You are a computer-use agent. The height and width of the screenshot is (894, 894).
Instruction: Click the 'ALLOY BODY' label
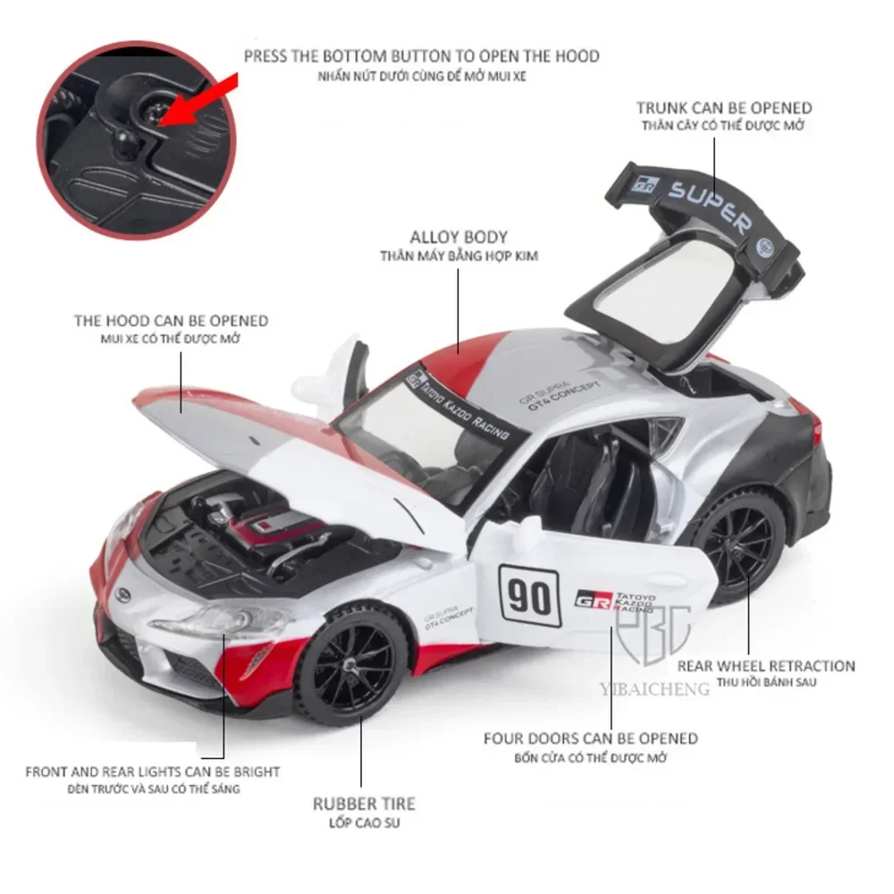pyautogui.click(x=459, y=237)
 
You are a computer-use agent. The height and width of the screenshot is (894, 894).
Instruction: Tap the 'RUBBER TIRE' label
pyautogui.click(x=364, y=804)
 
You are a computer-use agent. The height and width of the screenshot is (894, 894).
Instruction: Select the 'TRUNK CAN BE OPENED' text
pyautogui.click(x=724, y=108)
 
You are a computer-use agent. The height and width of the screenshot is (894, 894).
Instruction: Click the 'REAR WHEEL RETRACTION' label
pyautogui.click(x=766, y=665)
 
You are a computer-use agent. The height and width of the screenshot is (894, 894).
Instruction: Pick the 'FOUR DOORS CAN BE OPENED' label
pyautogui.click(x=591, y=738)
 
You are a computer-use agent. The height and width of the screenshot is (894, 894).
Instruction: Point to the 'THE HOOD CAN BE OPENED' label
pyautogui.click(x=171, y=320)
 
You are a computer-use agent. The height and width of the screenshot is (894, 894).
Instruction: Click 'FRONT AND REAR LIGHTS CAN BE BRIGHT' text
pyautogui.click(x=152, y=772)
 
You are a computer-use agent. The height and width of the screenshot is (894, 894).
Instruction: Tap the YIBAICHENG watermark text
pyautogui.click(x=654, y=688)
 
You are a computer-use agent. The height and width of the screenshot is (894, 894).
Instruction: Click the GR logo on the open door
pyautogui.click(x=591, y=598)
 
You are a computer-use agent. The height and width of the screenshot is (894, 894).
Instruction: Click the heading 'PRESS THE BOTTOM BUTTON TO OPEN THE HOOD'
pyautogui.click(x=421, y=56)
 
